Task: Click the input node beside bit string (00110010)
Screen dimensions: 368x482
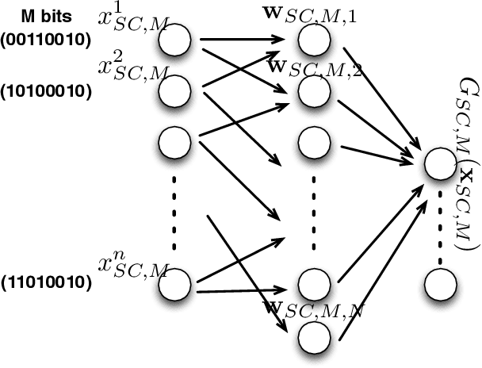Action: [175, 42]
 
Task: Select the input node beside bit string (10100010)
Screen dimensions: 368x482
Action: [175, 92]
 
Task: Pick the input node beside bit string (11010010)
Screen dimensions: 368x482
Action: [175, 284]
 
